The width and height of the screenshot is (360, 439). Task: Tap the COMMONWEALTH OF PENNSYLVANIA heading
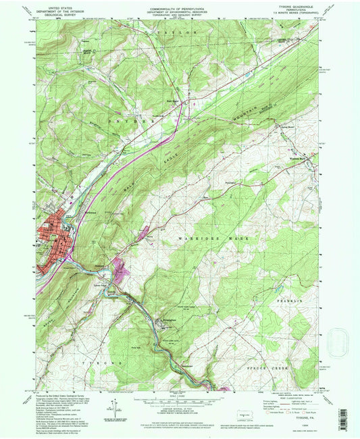pos(179,6)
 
